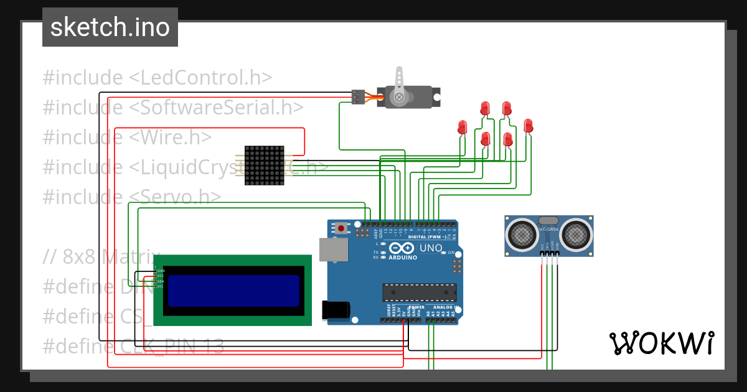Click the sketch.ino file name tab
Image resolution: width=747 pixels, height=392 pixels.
tap(110, 27)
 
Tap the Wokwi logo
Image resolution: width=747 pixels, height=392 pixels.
tap(661, 343)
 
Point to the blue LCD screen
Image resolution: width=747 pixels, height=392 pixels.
tap(234, 291)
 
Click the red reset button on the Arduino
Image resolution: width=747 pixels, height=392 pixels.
tap(341, 228)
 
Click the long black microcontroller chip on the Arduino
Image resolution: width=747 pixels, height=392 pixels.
tap(419, 292)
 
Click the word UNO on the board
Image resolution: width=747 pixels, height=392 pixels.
tap(431, 248)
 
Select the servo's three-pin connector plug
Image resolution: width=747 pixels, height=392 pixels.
tap(358, 97)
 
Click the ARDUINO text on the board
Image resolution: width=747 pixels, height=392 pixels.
tap(403, 256)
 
